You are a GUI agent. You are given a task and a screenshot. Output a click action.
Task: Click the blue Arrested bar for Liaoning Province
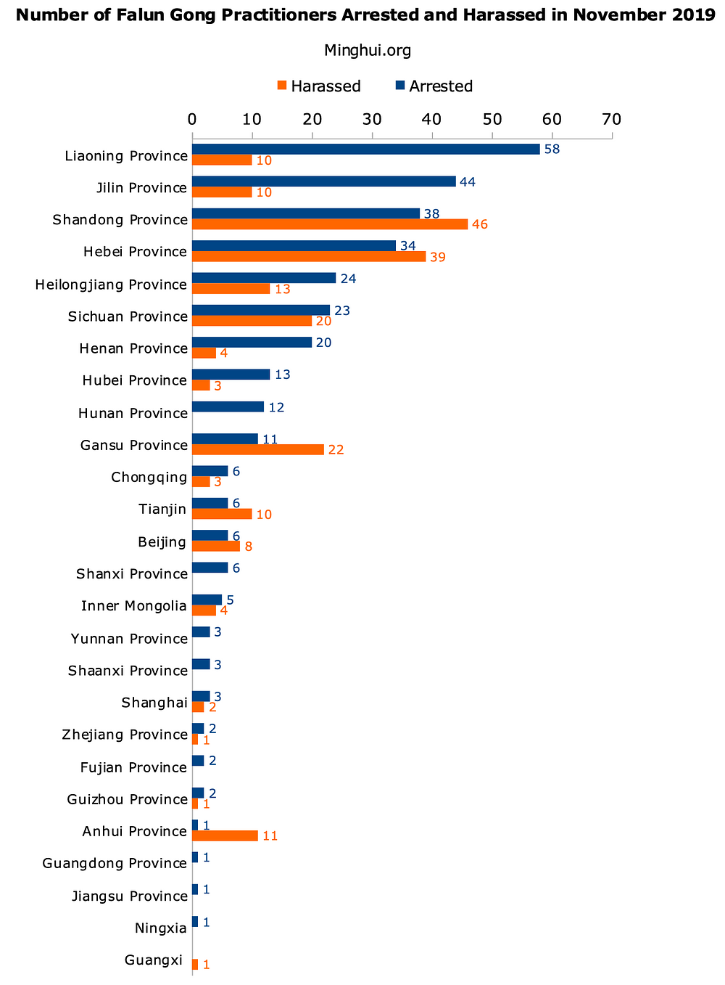click(x=366, y=149)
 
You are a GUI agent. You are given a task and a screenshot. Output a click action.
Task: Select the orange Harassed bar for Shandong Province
click(x=330, y=224)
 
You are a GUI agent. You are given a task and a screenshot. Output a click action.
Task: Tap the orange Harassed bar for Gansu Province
click(x=258, y=449)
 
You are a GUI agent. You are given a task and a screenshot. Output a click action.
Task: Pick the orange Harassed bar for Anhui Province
click(x=225, y=835)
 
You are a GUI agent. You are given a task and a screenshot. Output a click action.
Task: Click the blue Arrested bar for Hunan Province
click(x=228, y=406)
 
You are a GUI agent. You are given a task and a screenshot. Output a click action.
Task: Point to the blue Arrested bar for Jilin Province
click(x=324, y=181)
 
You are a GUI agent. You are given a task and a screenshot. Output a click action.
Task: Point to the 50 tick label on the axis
click(x=492, y=119)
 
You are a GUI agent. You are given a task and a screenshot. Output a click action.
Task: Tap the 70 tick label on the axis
click(x=612, y=119)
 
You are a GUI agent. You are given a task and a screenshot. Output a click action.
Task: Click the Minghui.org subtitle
click(x=368, y=50)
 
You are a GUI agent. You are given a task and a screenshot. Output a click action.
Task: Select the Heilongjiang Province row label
click(x=112, y=284)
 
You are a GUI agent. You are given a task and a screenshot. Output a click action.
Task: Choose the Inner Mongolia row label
click(x=134, y=605)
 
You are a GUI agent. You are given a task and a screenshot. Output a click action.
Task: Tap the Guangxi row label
click(x=154, y=960)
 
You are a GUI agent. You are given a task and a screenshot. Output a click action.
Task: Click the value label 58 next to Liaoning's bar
click(x=552, y=149)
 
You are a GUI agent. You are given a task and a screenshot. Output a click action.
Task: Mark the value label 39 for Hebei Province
click(x=437, y=257)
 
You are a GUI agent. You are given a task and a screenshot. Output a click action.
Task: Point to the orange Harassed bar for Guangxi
click(x=195, y=965)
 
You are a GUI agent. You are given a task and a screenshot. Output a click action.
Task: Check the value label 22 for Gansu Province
click(x=336, y=450)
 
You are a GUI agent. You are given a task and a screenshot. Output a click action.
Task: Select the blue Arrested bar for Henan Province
click(x=252, y=342)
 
